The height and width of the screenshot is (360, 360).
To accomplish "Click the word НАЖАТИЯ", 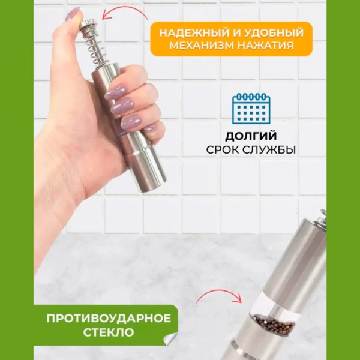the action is [266, 46].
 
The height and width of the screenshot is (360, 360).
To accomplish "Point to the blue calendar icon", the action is [251, 109].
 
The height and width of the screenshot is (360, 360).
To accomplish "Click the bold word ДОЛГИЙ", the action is [251, 136].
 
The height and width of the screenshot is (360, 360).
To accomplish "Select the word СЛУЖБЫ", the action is [269, 150].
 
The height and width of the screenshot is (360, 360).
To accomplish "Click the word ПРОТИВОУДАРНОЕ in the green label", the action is [109, 319].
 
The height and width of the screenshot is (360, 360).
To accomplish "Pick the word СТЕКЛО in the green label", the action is [109, 332].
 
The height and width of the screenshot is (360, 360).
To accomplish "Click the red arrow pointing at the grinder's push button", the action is [125, 12].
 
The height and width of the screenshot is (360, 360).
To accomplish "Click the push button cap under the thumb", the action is [88, 23].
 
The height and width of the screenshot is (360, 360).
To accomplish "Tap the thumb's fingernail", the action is [72, 14].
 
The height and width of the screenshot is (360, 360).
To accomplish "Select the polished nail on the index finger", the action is [115, 92].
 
